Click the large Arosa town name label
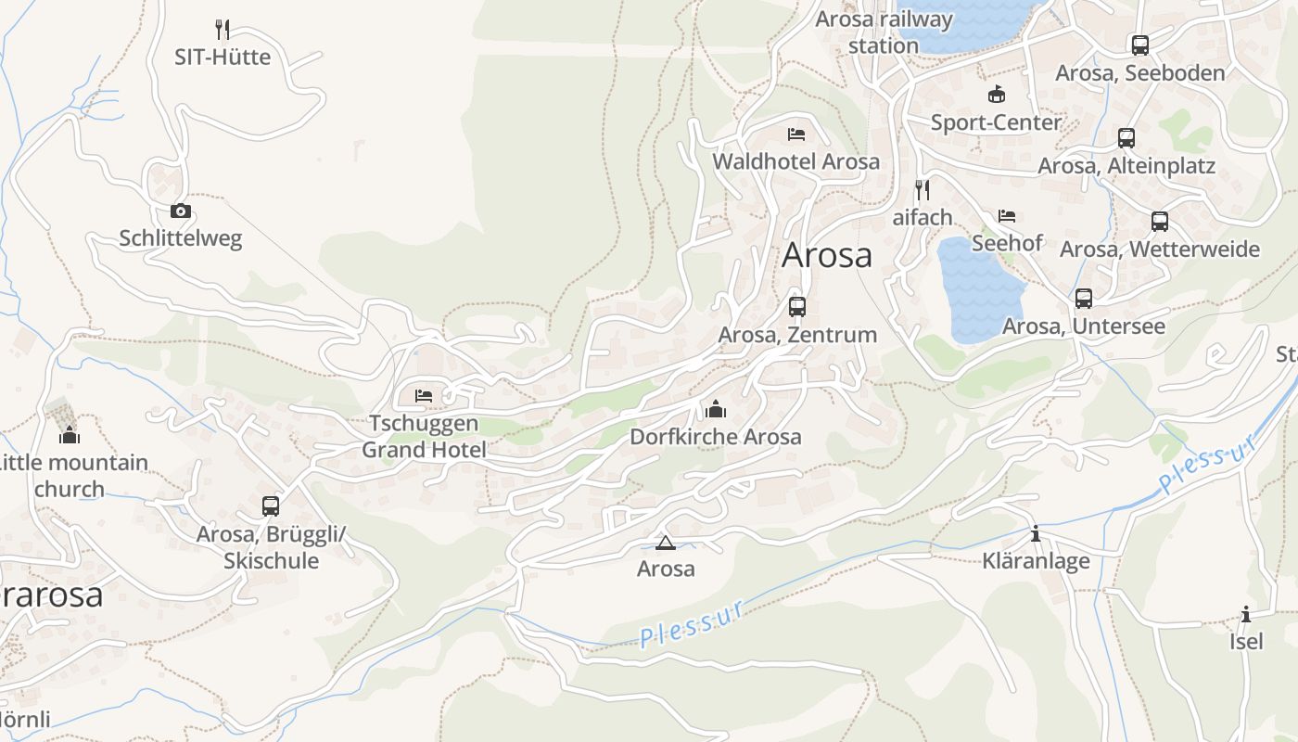[827, 255]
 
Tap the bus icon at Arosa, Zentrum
[797, 307]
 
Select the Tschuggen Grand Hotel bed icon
[424, 396]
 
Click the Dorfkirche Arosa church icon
[715, 409]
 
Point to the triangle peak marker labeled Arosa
[665, 543]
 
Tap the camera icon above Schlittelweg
[181, 211]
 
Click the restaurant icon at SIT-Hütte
[223, 30]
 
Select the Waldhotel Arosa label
[795, 161]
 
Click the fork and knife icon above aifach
[922, 190]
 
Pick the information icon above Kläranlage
[1036, 534]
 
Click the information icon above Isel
[1246, 615]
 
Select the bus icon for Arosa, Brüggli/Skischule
[271, 506]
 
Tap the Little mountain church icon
[70, 435]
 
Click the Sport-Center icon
[997, 95]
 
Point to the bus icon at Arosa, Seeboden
[1139, 45]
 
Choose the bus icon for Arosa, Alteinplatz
[1126, 138]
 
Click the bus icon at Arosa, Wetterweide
[1160, 222]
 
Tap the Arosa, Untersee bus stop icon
[1084, 299]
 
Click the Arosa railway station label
[884, 32]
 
